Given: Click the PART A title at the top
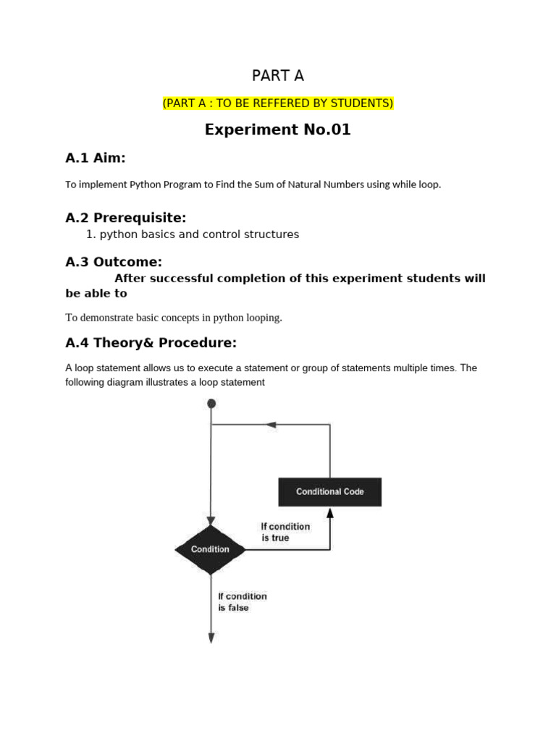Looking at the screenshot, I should [278, 75].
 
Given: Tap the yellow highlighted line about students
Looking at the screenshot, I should [278, 103].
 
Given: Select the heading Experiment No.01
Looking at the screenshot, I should [278, 130].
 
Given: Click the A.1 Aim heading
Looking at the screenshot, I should [95, 158].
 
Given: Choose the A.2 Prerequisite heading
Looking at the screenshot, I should [125, 218].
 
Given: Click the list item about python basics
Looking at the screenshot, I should [198, 234].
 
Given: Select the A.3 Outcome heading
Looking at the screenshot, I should [114, 262].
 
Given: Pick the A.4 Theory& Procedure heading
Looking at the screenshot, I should [151, 342].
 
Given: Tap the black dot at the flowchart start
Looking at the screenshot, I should [211, 404].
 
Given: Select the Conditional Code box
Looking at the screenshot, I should [330, 492].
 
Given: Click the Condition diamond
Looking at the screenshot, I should [211, 549].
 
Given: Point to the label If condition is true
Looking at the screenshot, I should [285, 532].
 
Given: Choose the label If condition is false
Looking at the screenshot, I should [243, 602].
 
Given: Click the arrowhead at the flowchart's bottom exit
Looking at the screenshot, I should [211, 638].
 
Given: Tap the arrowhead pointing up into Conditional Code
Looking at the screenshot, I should [330, 513].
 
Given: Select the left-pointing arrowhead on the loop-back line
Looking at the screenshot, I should [272, 425].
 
